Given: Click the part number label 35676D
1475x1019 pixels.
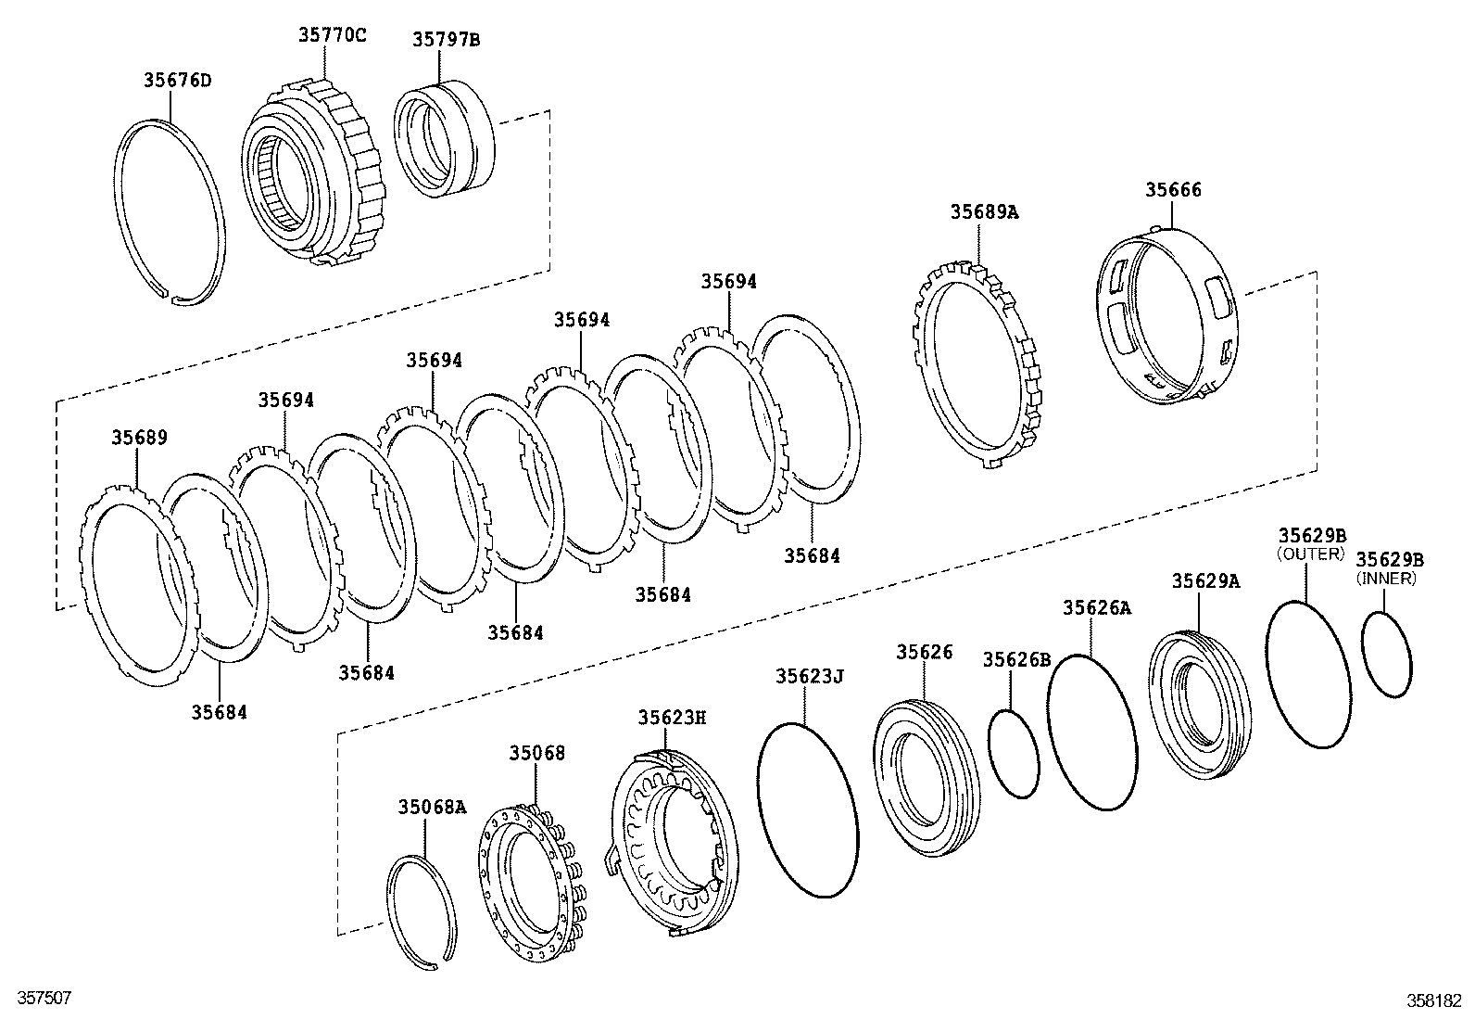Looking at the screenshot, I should [x=177, y=80].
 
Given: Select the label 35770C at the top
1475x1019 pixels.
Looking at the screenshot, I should [x=332, y=35].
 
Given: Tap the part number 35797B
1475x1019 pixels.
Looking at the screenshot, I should [x=447, y=39].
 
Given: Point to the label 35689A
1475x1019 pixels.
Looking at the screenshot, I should [x=983, y=211].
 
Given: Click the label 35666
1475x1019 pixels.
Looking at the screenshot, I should [x=1173, y=190].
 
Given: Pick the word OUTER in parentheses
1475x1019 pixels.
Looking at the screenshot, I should [x=1310, y=554].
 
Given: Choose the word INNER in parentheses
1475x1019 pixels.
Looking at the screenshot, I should [x=1386, y=579].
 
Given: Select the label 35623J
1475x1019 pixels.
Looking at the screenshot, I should [x=810, y=677].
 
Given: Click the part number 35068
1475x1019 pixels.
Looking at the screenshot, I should [x=536, y=754].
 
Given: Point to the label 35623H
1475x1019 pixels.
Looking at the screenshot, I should [x=672, y=718].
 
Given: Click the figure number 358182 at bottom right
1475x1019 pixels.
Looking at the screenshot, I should [x=1437, y=1001].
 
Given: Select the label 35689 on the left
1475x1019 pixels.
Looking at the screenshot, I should [x=140, y=438].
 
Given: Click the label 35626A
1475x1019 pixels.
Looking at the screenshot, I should [x=1096, y=608].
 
